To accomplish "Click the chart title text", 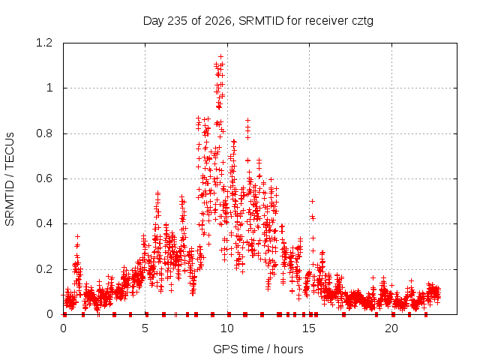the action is point(258,21).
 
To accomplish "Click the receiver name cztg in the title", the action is point(362,22).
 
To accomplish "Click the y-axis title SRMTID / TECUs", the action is point(10,179).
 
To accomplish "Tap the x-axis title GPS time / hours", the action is point(258,349).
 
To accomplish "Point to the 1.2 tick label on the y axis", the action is point(44,43).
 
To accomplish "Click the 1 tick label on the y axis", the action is point(49,88).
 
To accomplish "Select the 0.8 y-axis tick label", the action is point(44,133).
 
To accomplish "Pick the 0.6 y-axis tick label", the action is point(44,178).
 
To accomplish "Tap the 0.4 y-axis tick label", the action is point(44,223).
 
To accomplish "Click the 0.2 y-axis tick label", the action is point(44,269).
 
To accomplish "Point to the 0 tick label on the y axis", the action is point(49,314).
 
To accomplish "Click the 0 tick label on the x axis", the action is point(63,328).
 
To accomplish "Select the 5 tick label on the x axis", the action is point(145,328).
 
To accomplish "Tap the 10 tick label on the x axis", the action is point(227,328).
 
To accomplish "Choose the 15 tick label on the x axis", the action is point(309,328).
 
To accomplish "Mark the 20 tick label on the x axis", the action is point(391,328).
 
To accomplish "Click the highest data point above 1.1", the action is point(220,57).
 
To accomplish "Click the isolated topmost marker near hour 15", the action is point(312,201).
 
